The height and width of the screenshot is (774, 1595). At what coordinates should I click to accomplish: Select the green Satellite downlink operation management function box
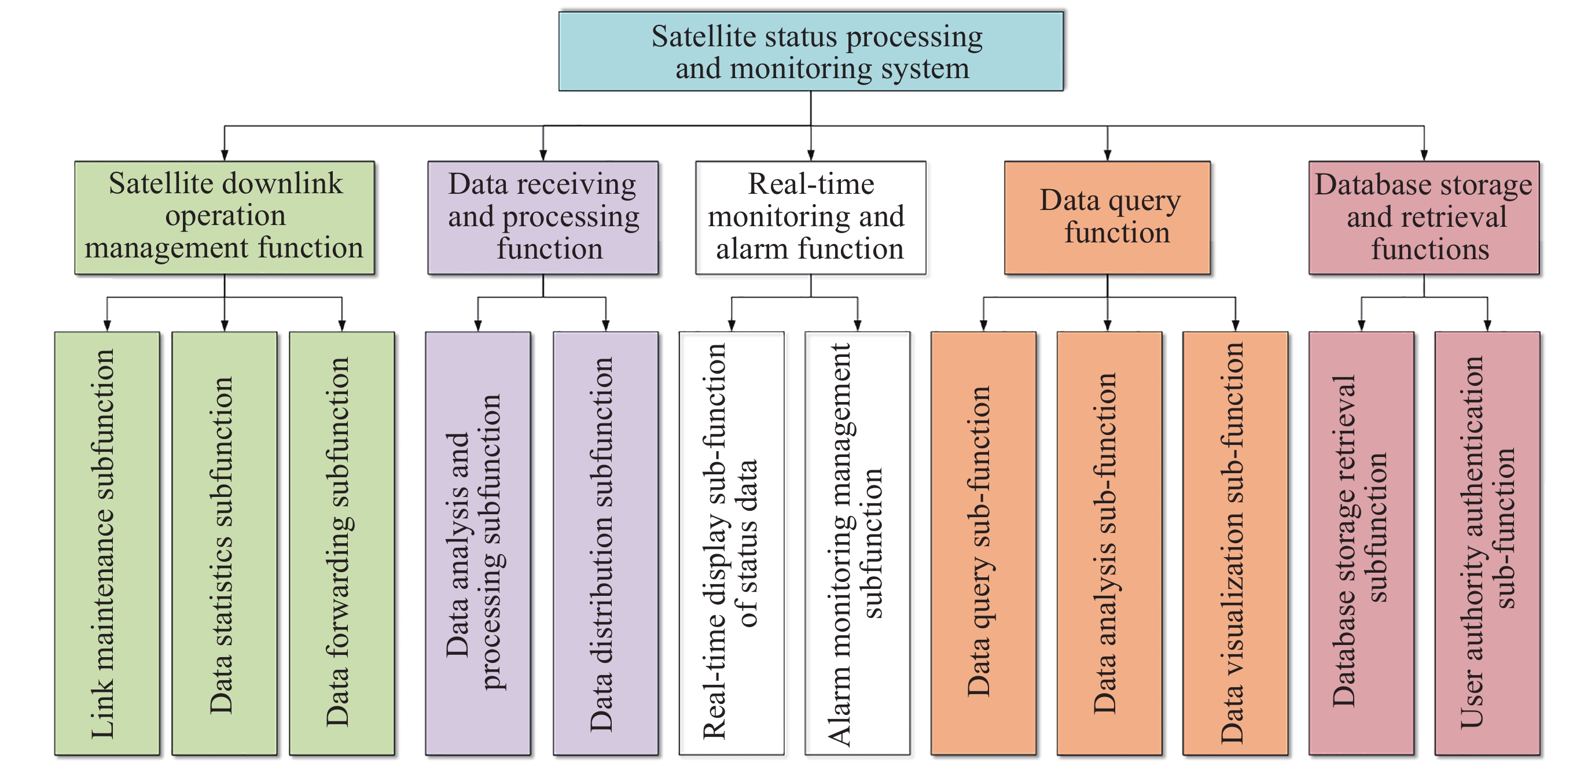(224, 217)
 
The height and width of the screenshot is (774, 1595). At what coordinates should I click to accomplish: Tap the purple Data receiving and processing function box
(542, 217)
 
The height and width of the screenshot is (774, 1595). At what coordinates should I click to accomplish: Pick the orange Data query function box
(1107, 217)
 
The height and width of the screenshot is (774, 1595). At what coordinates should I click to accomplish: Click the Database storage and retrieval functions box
(1424, 217)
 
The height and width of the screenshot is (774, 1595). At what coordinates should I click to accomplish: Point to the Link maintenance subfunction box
(107, 543)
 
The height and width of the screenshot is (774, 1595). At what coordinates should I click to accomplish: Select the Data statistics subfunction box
(224, 543)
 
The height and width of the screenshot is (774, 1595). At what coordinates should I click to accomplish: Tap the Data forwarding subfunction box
(342, 543)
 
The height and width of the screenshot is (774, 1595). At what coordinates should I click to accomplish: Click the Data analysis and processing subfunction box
(477, 543)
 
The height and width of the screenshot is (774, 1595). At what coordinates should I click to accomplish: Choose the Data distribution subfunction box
(605, 543)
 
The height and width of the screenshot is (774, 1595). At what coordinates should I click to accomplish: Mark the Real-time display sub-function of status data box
(732, 543)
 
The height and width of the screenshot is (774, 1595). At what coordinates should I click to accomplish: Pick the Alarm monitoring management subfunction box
(858, 543)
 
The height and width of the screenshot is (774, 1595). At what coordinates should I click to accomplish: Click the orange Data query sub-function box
(983, 543)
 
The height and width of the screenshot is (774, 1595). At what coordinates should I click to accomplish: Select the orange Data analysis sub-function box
(1109, 543)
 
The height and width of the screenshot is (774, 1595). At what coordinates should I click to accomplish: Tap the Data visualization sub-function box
(1235, 543)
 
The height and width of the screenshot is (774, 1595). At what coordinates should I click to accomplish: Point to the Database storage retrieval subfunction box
(1361, 543)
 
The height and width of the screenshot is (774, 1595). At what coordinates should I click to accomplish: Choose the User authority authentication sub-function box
(1487, 543)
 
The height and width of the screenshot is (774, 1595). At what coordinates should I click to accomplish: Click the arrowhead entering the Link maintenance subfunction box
(107, 326)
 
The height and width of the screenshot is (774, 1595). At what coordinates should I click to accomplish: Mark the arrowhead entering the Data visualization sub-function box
(1235, 326)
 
